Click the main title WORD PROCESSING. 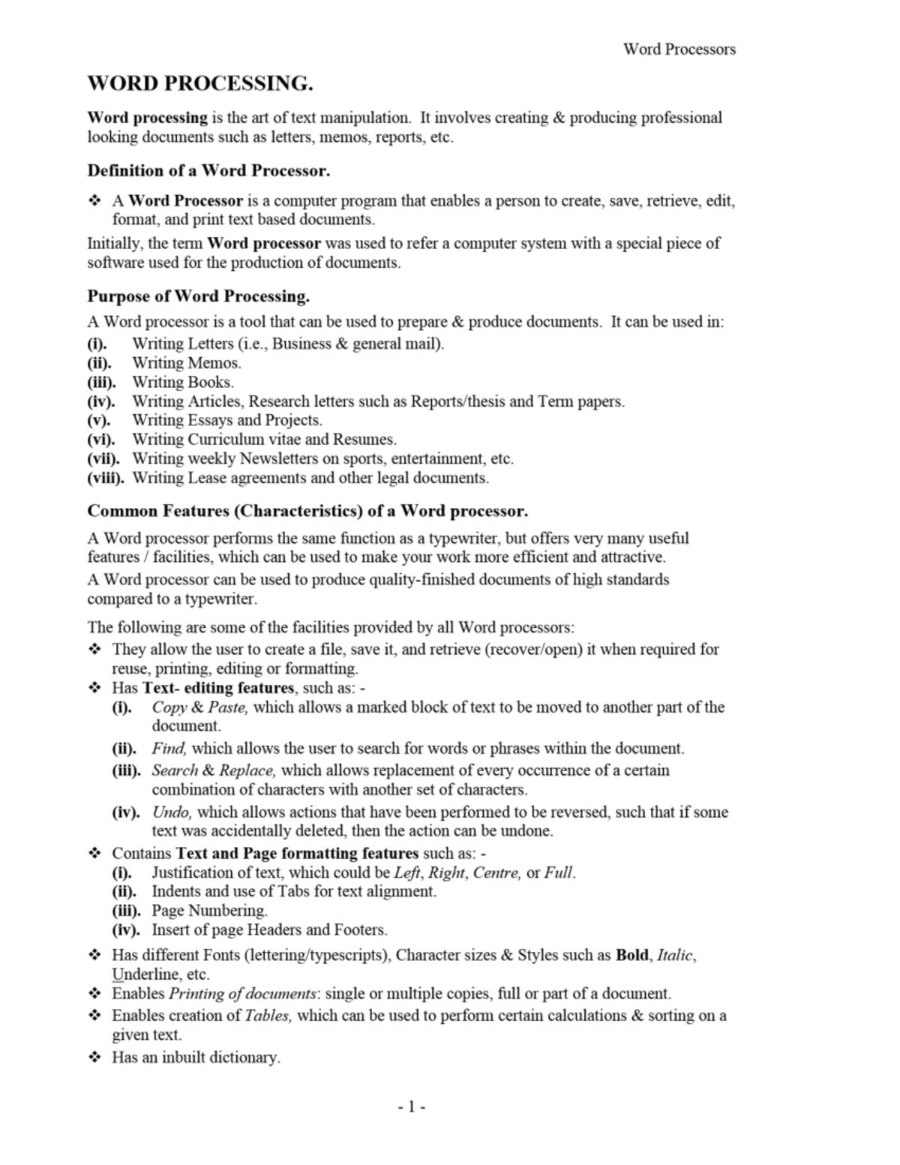(x=200, y=83)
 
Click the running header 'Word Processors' (x=679, y=50)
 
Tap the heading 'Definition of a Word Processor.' (x=208, y=170)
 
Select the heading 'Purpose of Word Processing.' (x=198, y=296)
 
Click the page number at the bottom (x=411, y=1106)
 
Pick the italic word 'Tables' (x=268, y=1016)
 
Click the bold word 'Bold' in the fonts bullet (x=632, y=955)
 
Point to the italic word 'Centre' (x=496, y=872)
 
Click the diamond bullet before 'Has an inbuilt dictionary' (x=95, y=1058)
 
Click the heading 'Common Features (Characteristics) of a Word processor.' (x=307, y=511)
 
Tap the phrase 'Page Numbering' (x=209, y=911)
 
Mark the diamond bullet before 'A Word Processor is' (x=95, y=201)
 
